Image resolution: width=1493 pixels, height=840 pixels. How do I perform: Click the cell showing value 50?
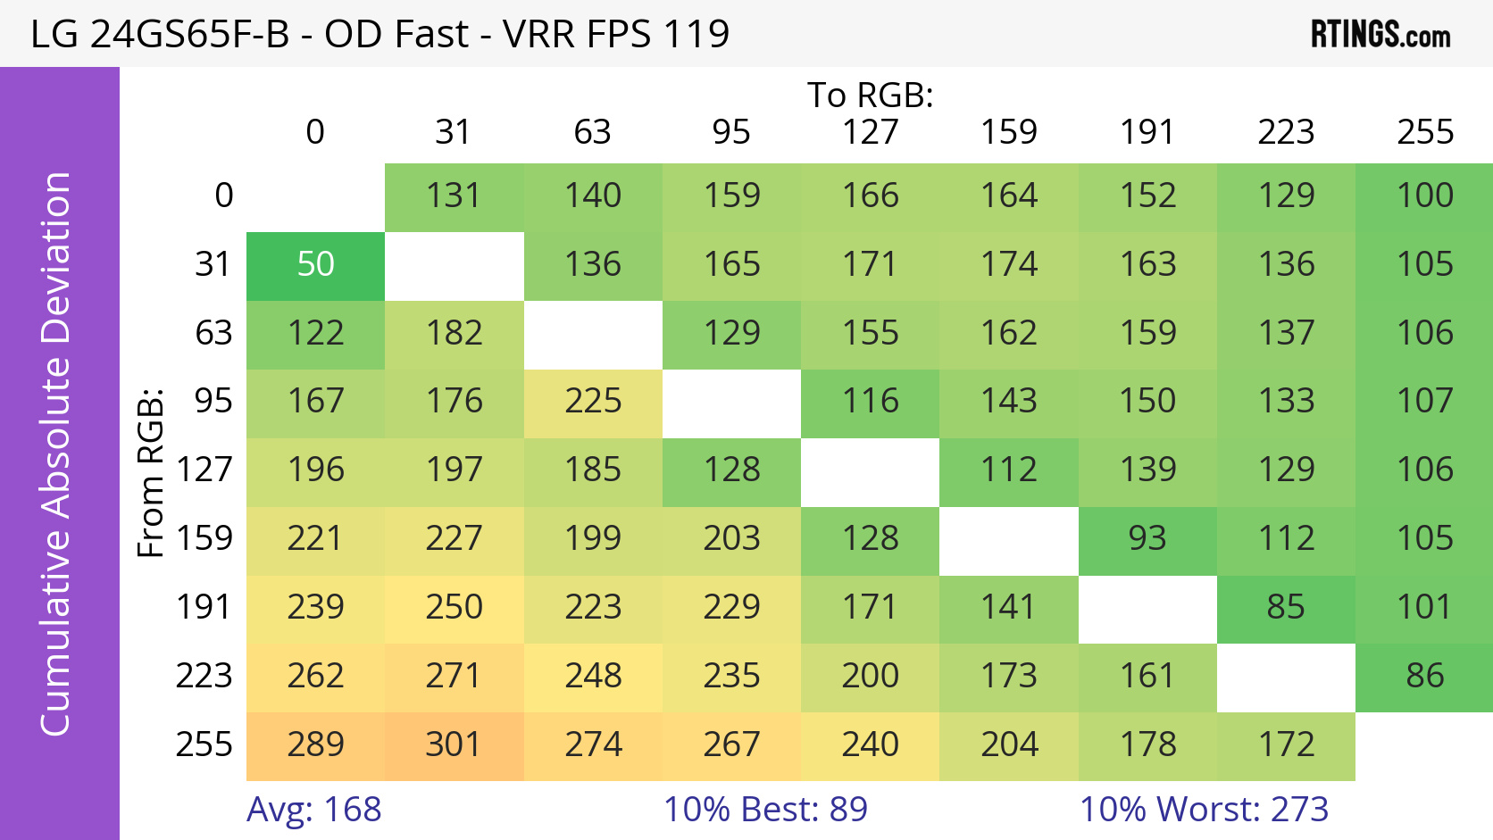pos(315,265)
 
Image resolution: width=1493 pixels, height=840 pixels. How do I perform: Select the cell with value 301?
pos(454,745)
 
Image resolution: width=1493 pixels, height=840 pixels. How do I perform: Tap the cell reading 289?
pos(315,745)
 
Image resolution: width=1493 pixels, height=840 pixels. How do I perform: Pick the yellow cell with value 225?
pos(593,402)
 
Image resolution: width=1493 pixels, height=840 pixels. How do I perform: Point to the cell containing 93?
pos(1147,539)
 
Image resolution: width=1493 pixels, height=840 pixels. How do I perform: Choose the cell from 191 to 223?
pos(1286,608)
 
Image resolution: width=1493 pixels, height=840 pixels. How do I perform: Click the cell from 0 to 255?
pos(1425,196)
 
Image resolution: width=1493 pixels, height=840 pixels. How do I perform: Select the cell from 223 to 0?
pos(315,677)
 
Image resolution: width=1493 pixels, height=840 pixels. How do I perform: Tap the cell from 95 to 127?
pos(870,402)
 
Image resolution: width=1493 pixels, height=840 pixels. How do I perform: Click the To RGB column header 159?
pos(1009,132)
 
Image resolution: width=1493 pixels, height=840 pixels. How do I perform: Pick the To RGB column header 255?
pos(1425,132)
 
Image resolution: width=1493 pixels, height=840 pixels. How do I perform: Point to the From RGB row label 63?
pos(213,333)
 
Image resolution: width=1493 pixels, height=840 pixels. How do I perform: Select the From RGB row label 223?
pos(204,676)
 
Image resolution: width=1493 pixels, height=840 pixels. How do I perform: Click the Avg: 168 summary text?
pos(314,810)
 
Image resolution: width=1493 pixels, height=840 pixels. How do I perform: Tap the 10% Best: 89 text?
pos(765,810)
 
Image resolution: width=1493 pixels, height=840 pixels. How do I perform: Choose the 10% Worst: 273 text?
pos(1204,810)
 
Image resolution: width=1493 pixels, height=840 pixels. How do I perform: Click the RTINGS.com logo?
pos(1380,34)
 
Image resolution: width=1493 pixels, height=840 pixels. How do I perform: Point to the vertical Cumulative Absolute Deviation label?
pos(55,453)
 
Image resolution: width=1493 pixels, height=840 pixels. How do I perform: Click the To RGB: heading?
pos(870,95)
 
